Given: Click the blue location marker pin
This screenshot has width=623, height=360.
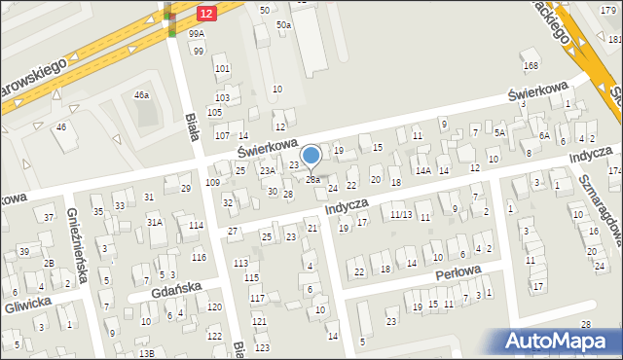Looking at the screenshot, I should coord(311,156).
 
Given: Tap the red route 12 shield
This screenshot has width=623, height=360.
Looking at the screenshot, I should coord(205,13).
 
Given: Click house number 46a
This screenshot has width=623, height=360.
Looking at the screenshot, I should coord(142,95).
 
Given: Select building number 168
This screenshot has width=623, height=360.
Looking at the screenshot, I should coord(531,66).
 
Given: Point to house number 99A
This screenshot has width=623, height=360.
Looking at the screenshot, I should coord(197,34).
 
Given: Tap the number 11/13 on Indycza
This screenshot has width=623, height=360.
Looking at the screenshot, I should coord(401,214).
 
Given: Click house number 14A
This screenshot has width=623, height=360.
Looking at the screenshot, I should coord(423,171).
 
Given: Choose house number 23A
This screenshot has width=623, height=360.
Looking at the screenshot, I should coord(267,171).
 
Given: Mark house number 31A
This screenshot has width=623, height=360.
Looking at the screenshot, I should coord(154,222).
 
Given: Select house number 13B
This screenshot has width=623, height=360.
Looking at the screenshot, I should coord(146,353).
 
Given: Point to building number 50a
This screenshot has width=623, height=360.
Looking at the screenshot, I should coord(283,24).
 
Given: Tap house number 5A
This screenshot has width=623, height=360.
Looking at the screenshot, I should coord(499,132).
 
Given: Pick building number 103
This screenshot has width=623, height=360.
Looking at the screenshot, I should coord(222,98).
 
